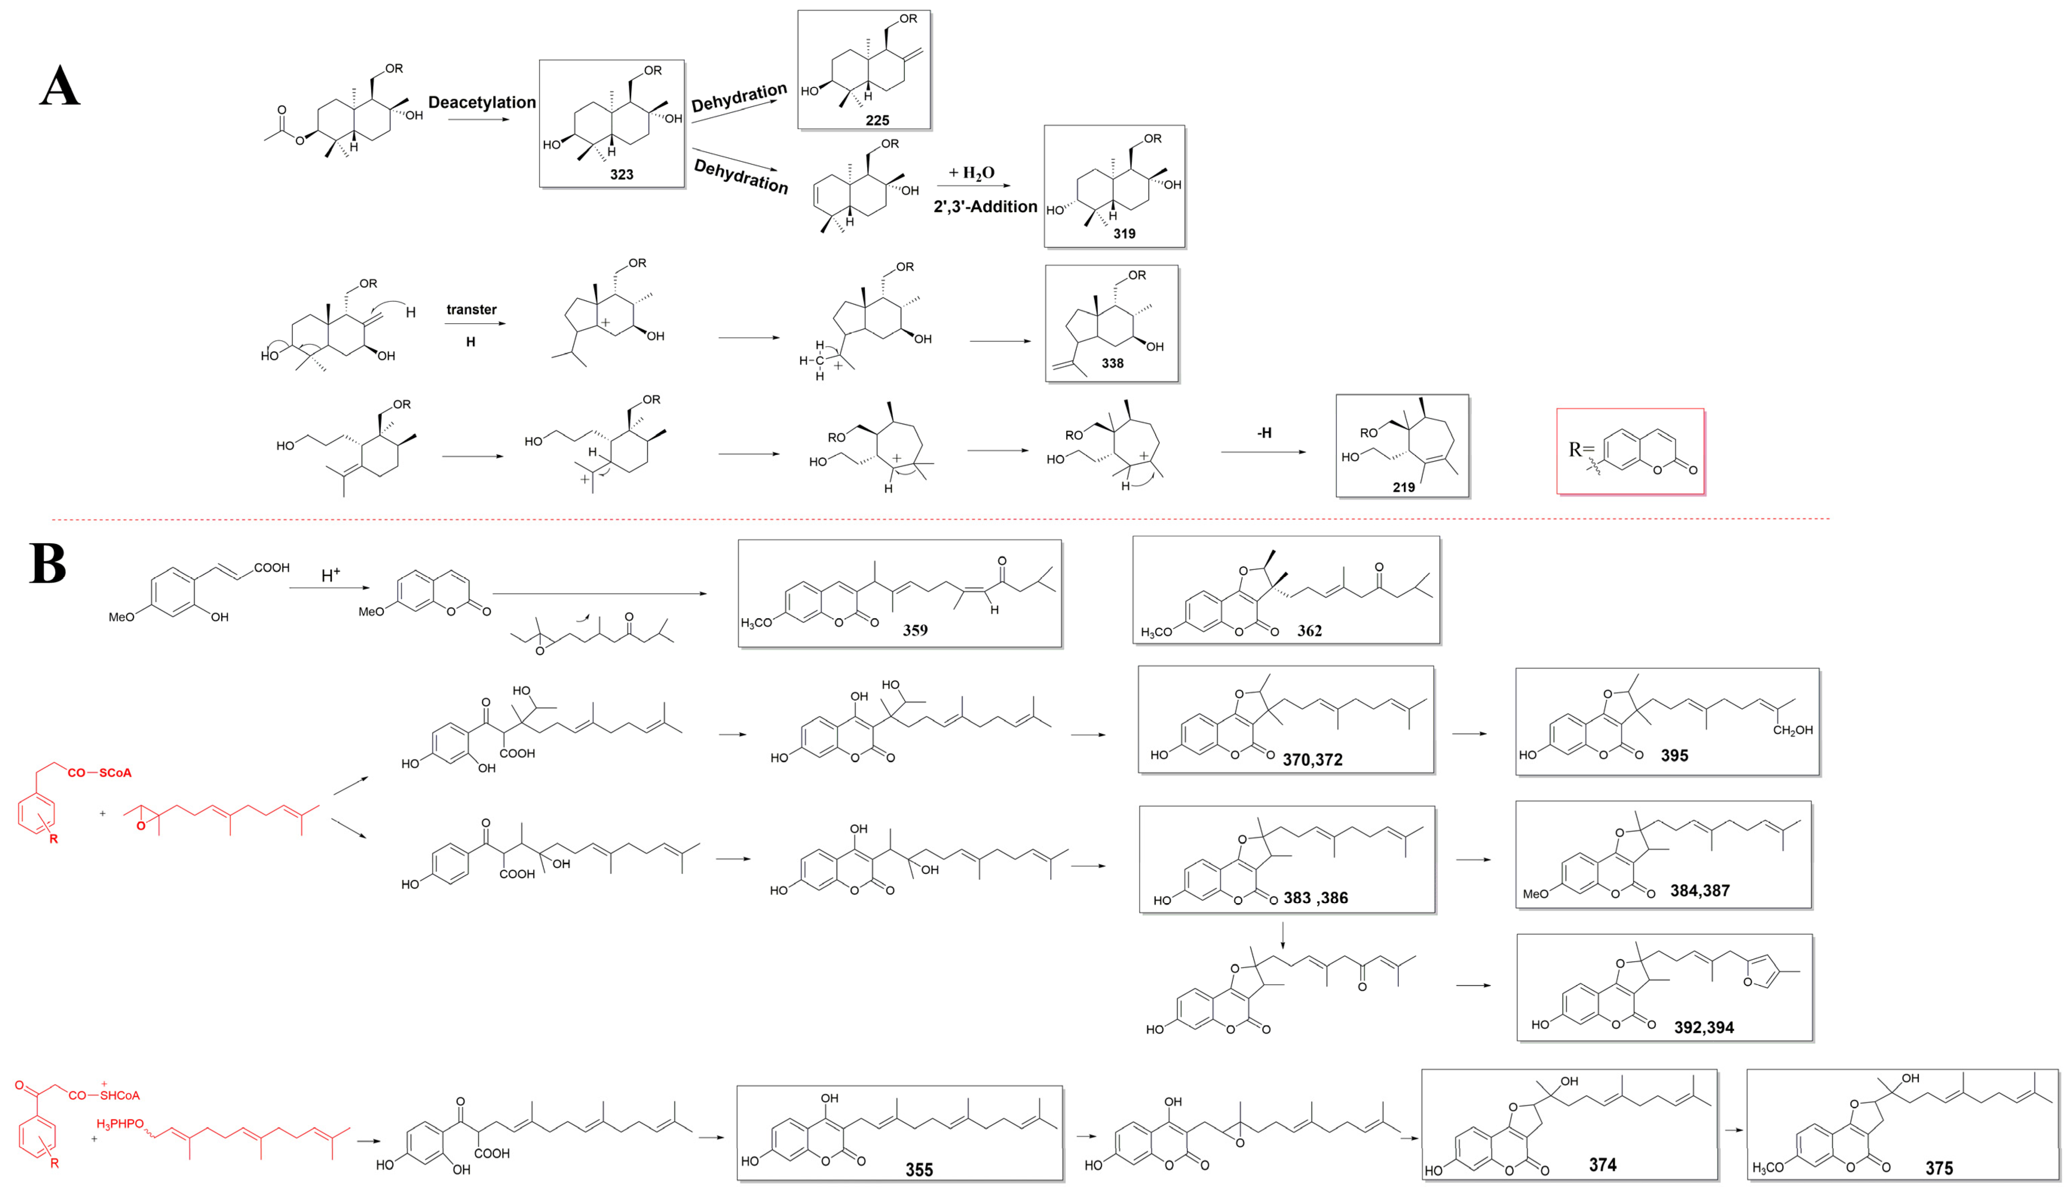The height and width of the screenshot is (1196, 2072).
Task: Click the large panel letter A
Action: point(60,87)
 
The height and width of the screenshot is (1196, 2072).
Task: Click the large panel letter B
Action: point(48,563)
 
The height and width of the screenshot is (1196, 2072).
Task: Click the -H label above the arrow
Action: point(1264,433)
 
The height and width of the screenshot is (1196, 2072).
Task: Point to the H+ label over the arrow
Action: point(330,575)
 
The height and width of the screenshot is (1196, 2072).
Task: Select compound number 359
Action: point(915,630)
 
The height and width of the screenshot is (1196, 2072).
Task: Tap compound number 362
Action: point(1309,631)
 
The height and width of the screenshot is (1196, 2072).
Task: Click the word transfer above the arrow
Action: point(471,310)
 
